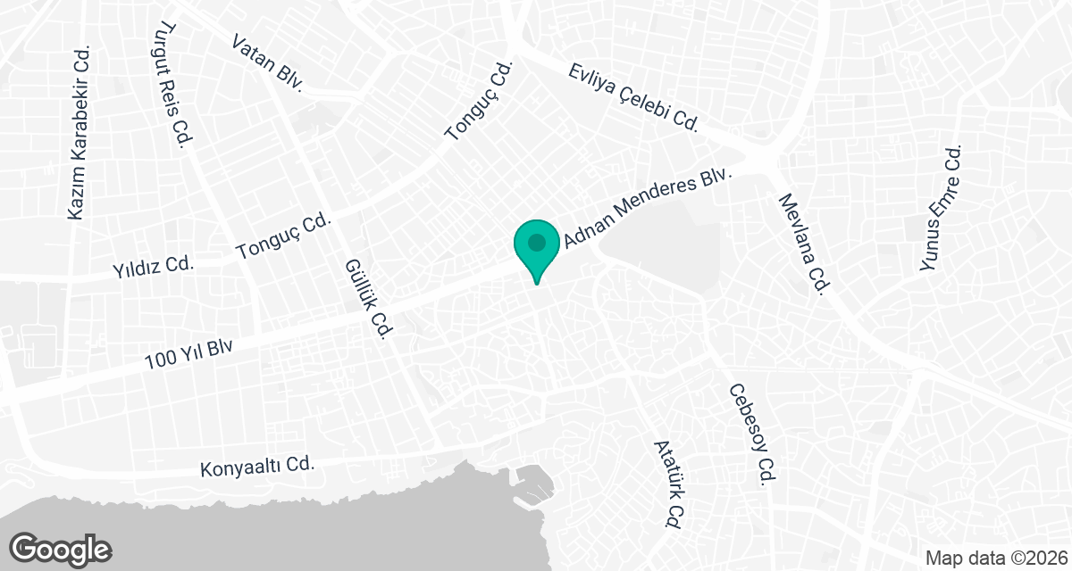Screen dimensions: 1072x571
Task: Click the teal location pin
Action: [536, 251]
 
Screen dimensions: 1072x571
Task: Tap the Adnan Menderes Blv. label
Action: [648, 211]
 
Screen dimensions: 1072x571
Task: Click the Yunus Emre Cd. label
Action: [943, 209]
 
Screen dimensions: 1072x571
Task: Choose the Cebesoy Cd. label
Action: [750, 434]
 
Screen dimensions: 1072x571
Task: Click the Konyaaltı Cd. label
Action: [258, 466]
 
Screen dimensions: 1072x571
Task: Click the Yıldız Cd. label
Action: [154, 266]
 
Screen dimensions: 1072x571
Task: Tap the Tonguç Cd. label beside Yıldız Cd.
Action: [284, 236]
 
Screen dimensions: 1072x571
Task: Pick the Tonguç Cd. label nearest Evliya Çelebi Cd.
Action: [481, 101]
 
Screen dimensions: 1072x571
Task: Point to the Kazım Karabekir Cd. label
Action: [80, 133]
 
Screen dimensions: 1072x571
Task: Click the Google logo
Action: [60, 548]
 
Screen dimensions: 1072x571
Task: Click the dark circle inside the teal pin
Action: [536, 242]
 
